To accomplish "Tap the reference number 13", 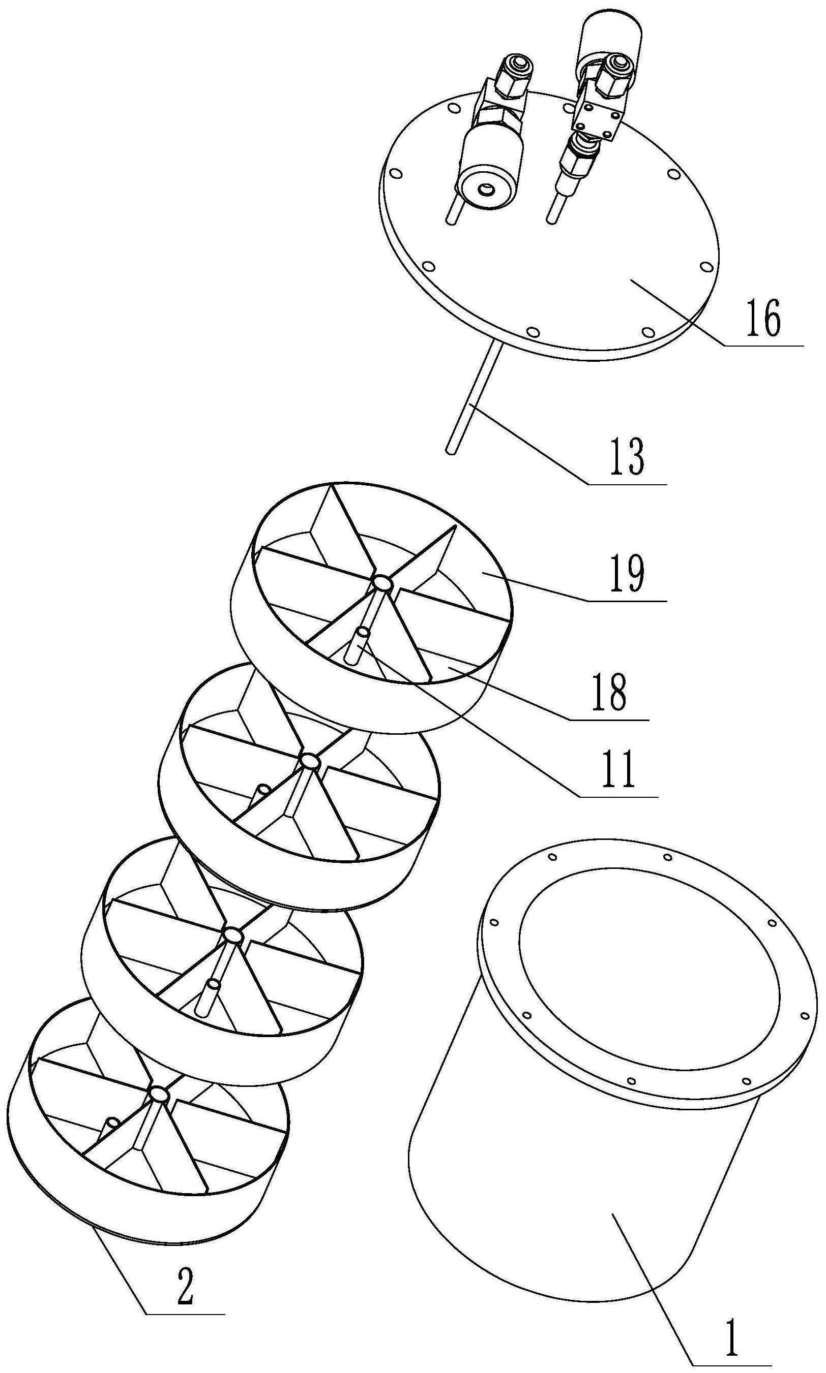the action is click(627, 456).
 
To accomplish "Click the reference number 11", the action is click(618, 770).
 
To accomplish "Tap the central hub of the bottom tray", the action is click(159, 1095).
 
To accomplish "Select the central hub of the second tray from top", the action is click(308, 761).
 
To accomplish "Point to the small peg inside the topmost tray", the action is click(358, 644).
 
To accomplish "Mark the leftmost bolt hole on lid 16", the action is click(397, 175).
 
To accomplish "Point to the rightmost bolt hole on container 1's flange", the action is click(805, 1016).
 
